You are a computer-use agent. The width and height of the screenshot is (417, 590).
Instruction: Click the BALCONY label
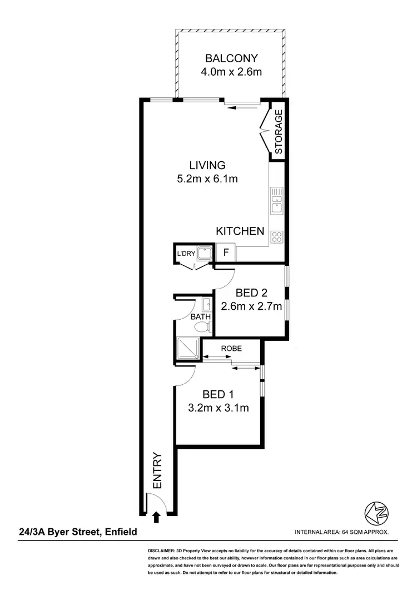(231, 58)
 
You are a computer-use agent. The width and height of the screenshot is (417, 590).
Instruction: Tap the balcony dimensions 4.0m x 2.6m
(231, 72)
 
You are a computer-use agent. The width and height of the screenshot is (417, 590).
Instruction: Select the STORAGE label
(279, 132)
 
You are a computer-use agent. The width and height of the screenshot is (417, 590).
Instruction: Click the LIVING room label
(207, 165)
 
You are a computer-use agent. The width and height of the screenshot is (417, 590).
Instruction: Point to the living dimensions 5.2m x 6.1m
(207, 179)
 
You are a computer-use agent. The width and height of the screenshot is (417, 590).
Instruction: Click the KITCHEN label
(240, 231)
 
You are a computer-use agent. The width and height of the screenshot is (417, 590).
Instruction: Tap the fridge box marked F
(226, 252)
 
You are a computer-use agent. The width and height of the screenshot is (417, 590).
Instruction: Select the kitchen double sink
(276, 201)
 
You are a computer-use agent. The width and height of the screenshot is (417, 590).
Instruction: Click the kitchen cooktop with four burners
(276, 238)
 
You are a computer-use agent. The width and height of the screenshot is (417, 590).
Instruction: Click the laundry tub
(205, 253)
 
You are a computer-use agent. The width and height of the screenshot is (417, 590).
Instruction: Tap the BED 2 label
(251, 292)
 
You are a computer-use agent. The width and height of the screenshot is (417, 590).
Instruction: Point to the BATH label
(200, 318)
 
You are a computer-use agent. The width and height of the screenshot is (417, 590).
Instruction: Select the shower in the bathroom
(187, 348)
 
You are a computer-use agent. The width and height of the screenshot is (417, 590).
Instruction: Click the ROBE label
(231, 349)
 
